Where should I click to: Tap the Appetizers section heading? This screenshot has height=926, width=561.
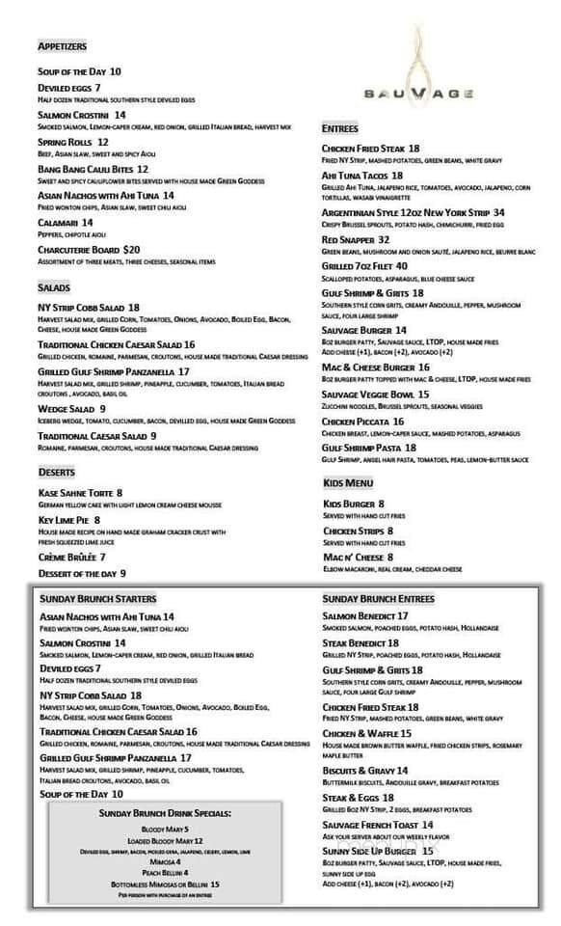pos(63,46)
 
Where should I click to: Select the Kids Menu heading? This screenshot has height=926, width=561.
pos(348,482)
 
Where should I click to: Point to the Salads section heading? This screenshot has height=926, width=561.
pos(54,287)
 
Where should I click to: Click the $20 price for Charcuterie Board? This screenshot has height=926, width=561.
pos(132,250)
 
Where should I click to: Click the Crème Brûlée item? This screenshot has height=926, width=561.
pos(67,557)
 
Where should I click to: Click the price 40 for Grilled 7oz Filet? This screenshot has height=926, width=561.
pos(401,266)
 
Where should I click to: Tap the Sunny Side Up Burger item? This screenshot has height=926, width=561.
pos(370,851)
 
